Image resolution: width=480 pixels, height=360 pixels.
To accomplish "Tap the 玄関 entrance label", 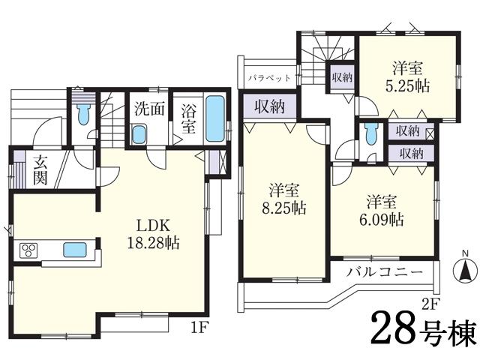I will click(x=40, y=169).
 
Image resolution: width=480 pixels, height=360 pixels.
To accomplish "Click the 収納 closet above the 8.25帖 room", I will click(x=268, y=106).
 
